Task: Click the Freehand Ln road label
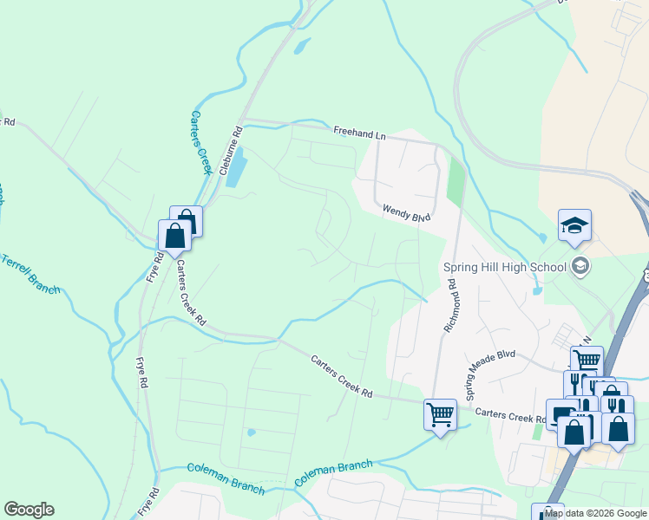pyautogui.click(x=359, y=133)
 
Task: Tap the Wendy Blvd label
pyautogui.click(x=407, y=211)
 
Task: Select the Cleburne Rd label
pyautogui.click(x=232, y=153)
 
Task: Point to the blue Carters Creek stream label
pyautogui.click(x=200, y=142)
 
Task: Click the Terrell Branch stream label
pyautogui.click(x=30, y=273)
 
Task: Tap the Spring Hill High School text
pyautogui.click(x=504, y=266)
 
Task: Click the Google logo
pyautogui.click(x=29, y=510)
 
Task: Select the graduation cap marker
pyautogui.click(x=574, y=225)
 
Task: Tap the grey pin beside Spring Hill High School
pyautogui.click(x=580, y=266)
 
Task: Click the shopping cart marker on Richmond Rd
pyautogui.click(x=440, y=414)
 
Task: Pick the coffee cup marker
pyautogui.click(x=560, y=414)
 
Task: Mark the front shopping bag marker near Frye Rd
pyautogui.click(x=174, y=236)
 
